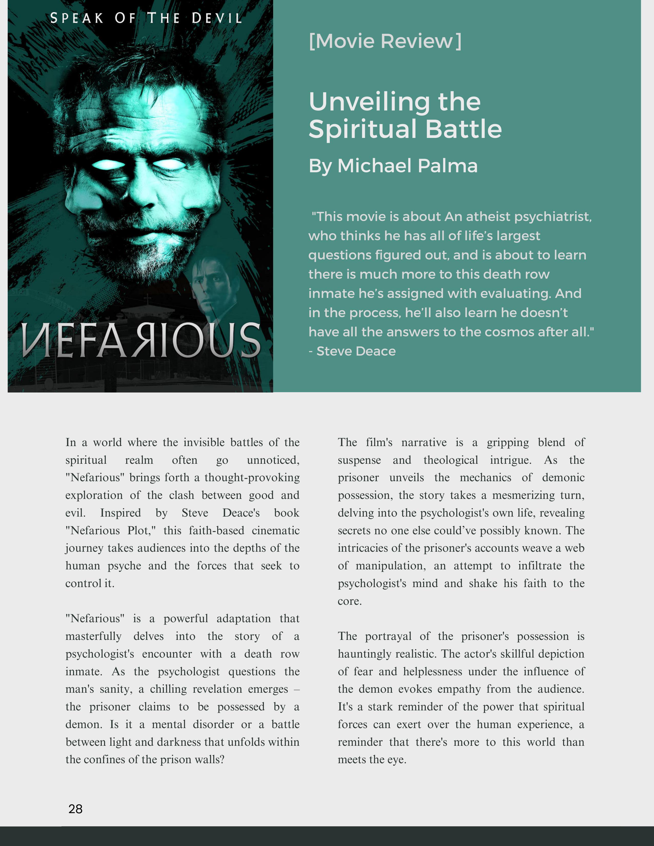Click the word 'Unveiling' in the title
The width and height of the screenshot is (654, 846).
369,102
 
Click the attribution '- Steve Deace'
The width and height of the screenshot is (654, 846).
352,351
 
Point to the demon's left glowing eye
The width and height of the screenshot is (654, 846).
108,165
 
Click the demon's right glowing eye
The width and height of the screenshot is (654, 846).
171,164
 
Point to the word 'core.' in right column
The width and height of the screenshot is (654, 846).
350,601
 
